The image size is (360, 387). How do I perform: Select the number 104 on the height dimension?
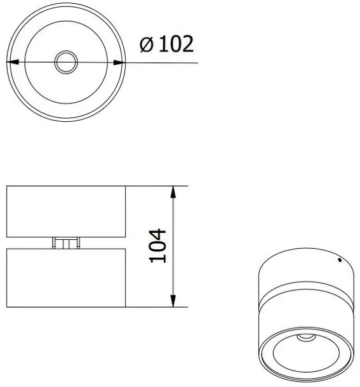pyautogui.click(x=157, y=246)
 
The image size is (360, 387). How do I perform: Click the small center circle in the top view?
pyautogui.click(x=65, y=62)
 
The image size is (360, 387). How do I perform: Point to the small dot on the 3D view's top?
pyautogui.click(x=339, y=260)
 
